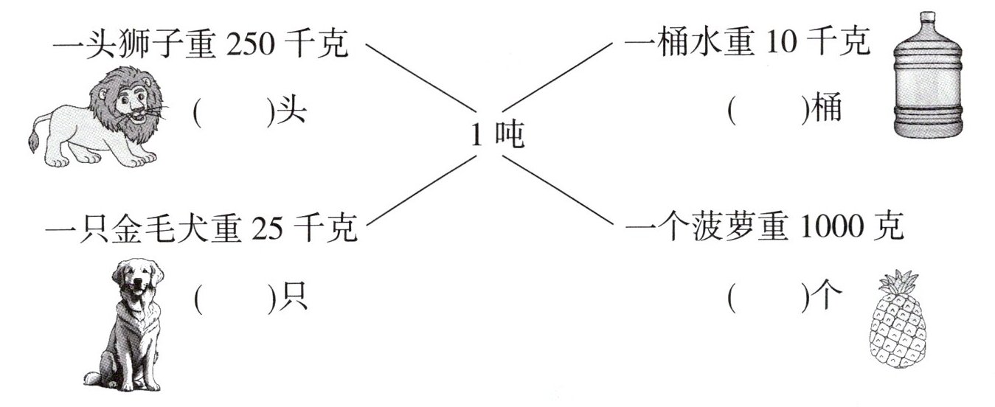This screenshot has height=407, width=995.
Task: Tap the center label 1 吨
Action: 497,135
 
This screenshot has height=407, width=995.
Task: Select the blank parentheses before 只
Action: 233,298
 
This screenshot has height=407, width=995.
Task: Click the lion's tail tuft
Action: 32,142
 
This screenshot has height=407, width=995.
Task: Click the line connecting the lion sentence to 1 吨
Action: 417,77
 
